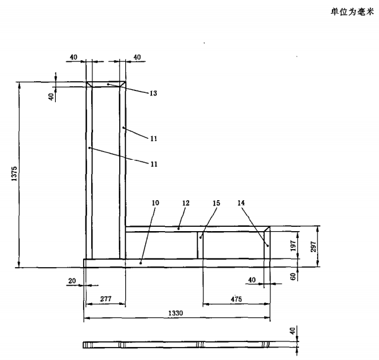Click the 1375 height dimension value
[14, 175]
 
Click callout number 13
[153, 94]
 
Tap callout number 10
[155, 203]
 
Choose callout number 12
[184, 203]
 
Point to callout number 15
[216, 203]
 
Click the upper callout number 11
[153, 138]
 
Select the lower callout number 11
[153, 164]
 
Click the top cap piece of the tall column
[106, 84]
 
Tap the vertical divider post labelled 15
[201, 246]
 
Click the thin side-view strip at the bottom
[177, 344]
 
